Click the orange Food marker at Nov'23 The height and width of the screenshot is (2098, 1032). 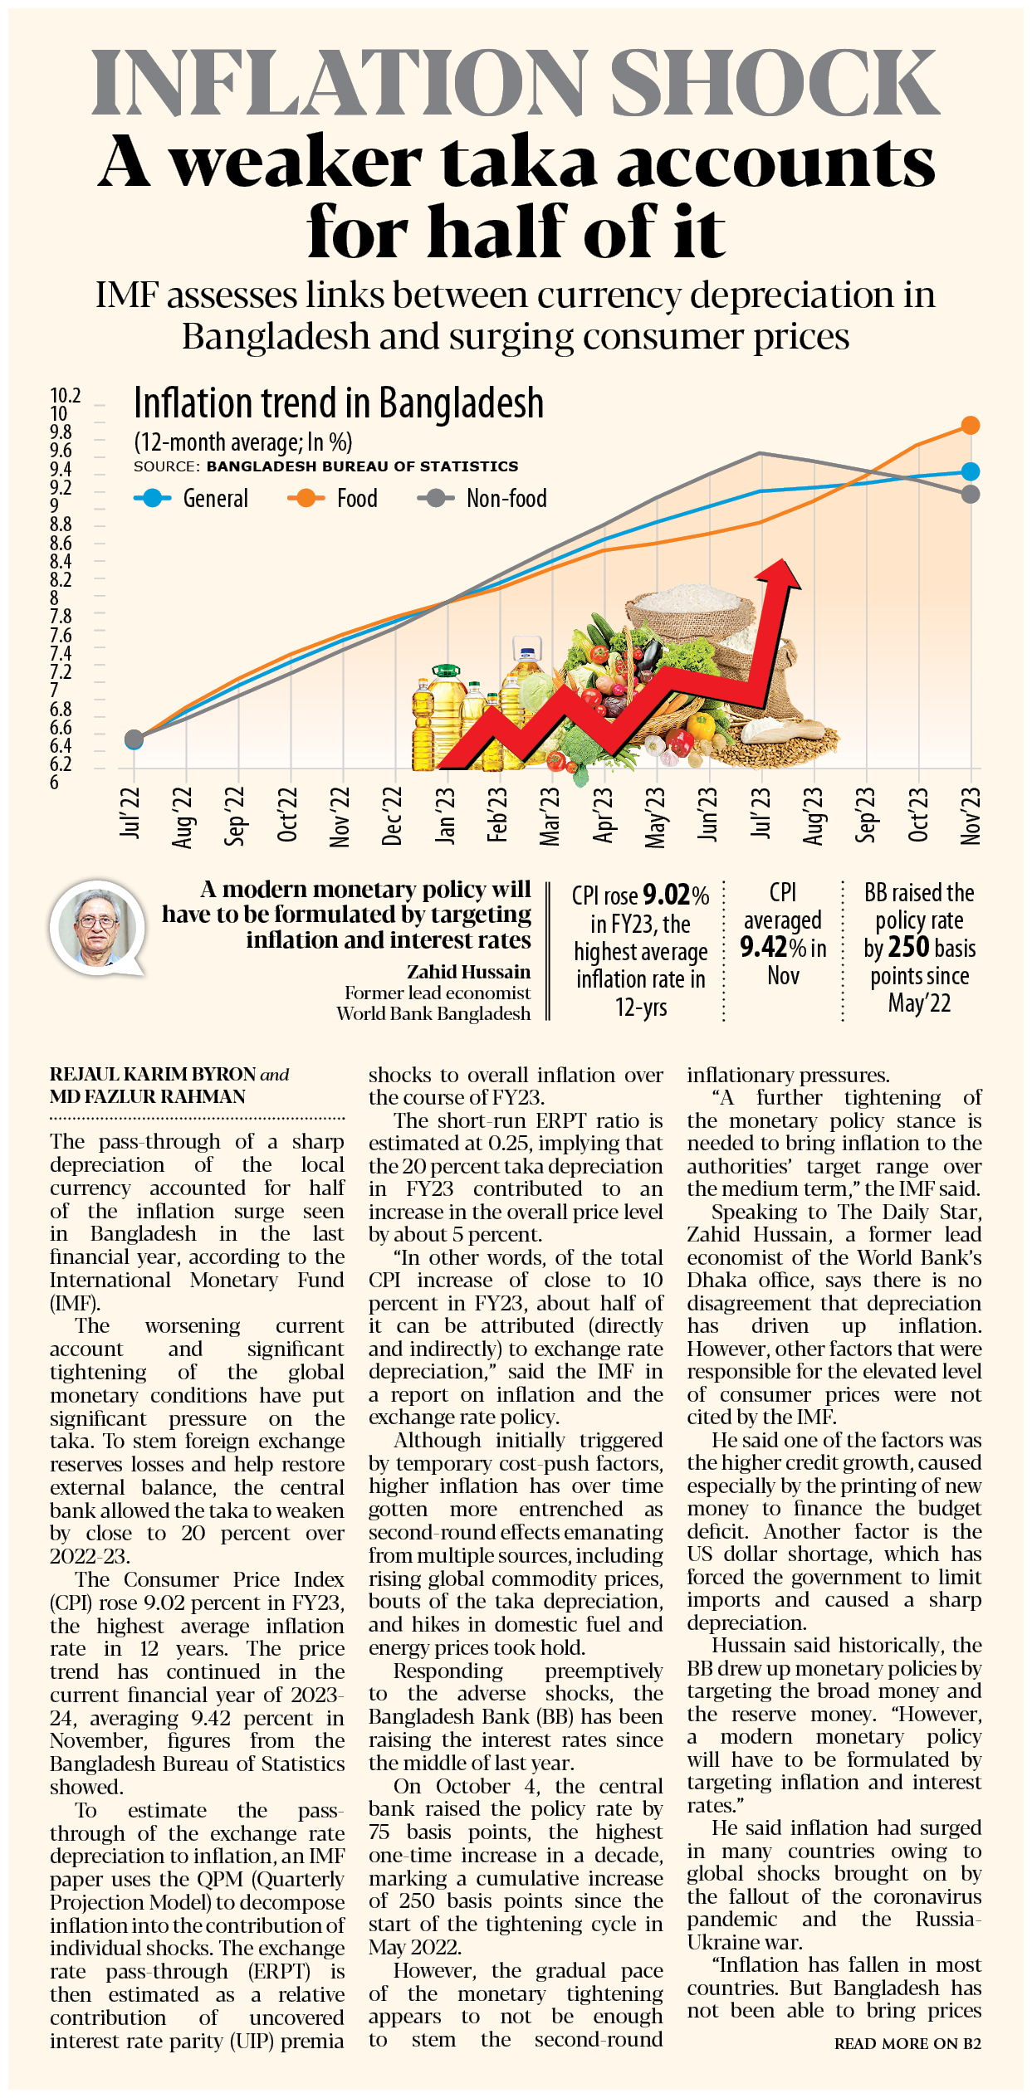970,426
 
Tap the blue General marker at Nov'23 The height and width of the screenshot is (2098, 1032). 970,471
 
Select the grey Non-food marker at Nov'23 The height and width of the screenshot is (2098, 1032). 970,495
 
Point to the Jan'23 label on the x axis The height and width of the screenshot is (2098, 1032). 446,815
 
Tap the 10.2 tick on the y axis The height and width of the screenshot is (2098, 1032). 66,396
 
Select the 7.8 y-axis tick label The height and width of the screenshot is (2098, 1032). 61,617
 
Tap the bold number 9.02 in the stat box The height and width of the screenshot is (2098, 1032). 667,895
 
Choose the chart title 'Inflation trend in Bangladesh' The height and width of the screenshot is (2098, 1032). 339,403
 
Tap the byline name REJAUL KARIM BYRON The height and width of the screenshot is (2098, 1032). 153,1074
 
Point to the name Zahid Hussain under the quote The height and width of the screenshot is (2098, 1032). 468,972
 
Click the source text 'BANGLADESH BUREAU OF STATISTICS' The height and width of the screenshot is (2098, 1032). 362,466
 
